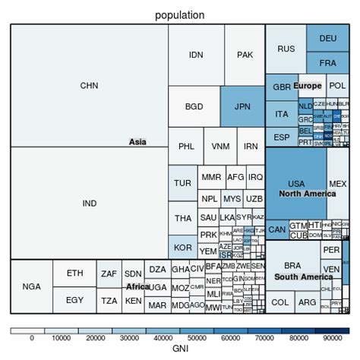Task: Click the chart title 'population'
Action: pos(179,14)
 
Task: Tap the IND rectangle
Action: pos(89,203)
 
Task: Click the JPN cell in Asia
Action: pos(242,106)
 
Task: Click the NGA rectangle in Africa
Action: pos(31,286)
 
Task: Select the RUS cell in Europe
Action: pos(286,49)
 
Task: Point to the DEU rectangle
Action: pos(327,38)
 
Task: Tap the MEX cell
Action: pos(337,185)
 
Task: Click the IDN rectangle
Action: pos(196,55)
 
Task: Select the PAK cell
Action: pos(245,55)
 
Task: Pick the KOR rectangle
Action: pos(182,248)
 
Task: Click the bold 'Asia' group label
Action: pos(137,141)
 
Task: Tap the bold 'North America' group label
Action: pos(295,194)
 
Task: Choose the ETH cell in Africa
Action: pos(74,273)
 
